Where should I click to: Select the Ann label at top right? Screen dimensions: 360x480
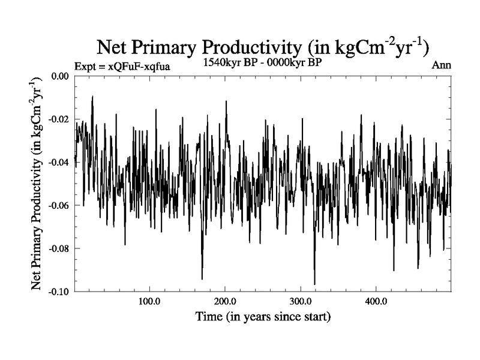pyautogui.click(x=441, y=65)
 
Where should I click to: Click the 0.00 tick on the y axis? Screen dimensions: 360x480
pyautogui.click(x=59, y=76)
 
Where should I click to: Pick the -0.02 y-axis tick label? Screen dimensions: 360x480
pyautogui.click(x=58, y=119)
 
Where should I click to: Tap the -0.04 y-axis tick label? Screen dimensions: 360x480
pyautogui.click(x=58, y=163)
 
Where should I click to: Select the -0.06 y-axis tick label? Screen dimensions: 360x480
pyautogui.click(x=58, y=205)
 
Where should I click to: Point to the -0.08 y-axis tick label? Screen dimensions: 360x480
pyautogui.click(x=58, y=248)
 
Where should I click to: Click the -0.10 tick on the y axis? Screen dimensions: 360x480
pyautogui.click(x=58, y=292)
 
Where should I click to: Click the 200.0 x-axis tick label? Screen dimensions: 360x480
pyautogui.click(x=224, y=301)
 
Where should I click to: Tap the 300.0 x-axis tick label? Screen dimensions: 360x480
pyautogui.click(x=299, y=301)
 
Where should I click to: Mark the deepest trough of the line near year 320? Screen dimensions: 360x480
pyautogui.click(x=314, y=284)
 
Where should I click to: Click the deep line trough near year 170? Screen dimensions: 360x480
pyautogui.click(x=202, y=279)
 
